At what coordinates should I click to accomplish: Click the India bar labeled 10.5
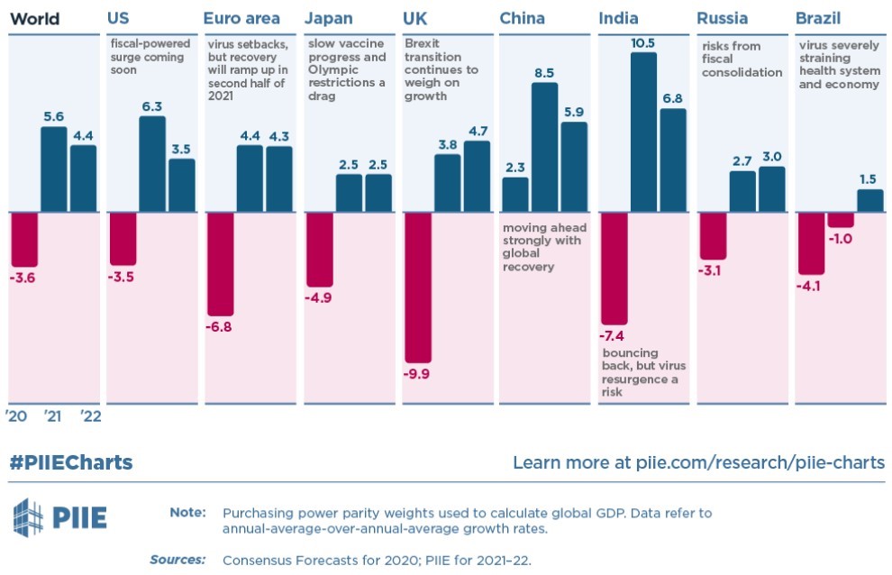(x=643, y=132)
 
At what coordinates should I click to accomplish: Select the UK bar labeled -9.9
(x=419, y=287)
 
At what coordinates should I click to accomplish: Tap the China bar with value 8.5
(x=544, y=147)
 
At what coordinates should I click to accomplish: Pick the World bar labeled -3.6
(x=23, y=239)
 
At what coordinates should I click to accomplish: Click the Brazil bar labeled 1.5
(x=869, y=200)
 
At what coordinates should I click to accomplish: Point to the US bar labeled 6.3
(x=152, y=164)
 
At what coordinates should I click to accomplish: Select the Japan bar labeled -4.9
(x=320, y=249)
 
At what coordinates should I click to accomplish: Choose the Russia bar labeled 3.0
(x=771, y=189)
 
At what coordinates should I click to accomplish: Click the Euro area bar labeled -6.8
(x=221, y=263)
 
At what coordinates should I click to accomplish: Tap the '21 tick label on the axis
(x=53, y=416)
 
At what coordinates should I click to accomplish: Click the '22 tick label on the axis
(x=90, y=416)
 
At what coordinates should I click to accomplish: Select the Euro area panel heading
(x=241, y=18)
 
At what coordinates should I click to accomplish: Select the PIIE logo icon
(x=27, y=516)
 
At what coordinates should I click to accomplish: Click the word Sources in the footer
(x=177, y=560)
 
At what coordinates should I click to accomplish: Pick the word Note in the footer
(x=187, y=513)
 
